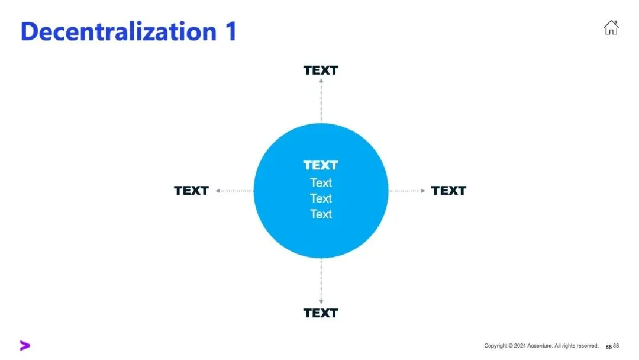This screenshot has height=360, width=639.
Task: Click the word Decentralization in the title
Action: click(119, 31)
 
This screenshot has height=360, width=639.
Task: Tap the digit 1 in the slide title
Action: click(230, 31)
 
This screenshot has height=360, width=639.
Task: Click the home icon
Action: click(611, 27)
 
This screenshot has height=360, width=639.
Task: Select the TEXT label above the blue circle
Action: click(321, 70)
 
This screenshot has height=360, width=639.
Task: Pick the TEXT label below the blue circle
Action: click(321, 313)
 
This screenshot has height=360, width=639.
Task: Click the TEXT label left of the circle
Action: click(191, 191)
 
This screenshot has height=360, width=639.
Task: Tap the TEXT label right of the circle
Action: click(448, 191)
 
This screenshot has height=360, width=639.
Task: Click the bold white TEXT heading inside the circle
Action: click(321, 165)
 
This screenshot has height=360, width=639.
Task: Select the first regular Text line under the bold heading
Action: click(321, 183)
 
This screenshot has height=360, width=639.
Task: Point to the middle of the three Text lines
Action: click(321, 198)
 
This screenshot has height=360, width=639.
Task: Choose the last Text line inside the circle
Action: click(321, 214)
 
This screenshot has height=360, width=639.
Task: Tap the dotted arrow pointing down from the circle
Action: click(321, 281)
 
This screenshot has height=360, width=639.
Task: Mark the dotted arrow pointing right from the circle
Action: click(407, 191)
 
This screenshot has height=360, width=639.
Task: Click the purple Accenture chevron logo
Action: click(24, 346)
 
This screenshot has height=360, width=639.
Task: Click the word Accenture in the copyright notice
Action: click(544, 346)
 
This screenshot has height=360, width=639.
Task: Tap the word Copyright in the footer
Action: click(496, 346)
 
